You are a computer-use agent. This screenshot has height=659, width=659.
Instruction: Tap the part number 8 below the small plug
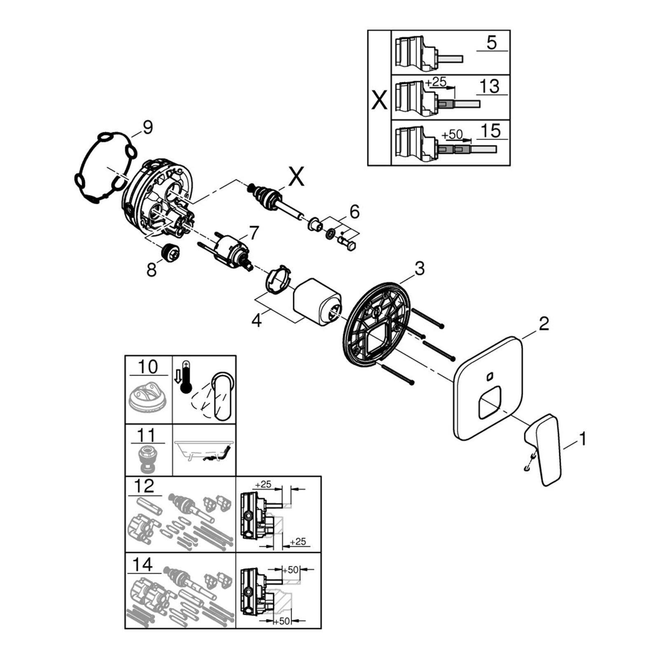152,270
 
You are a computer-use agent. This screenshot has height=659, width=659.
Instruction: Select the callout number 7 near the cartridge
253,234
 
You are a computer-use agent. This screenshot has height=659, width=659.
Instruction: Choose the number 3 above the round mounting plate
419,269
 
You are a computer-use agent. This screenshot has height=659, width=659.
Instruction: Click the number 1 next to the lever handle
582,439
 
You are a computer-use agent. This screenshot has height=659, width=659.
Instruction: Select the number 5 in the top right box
492,42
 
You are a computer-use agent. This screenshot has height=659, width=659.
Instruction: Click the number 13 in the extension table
490,86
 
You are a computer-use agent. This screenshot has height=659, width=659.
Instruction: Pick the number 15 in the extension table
491,131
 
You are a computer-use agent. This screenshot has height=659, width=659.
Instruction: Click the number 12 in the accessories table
144,486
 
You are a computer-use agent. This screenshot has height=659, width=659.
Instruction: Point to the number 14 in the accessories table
143,564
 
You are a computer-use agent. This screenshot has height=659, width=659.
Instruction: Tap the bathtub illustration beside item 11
204,451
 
